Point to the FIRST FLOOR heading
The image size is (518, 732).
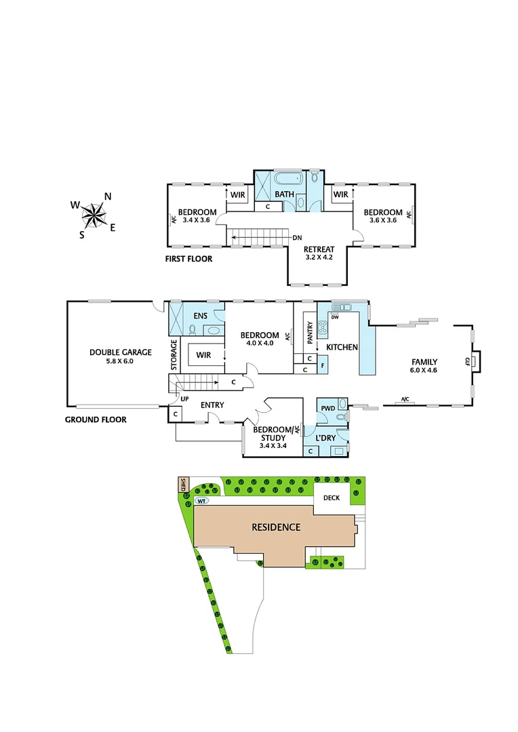pos(189,259)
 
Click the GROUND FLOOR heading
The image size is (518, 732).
pos(96,420)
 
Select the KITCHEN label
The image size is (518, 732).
pos(342,347)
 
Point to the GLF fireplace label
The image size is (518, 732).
pos(467,361)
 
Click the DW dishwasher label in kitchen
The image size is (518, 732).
pos(334,317)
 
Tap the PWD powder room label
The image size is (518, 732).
pos(327,409)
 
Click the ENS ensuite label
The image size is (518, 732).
pos(200,315)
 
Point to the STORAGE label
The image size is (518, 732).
pos(174,354)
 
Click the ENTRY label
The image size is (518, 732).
pos(212,405)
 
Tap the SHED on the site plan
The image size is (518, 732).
pos(182,485)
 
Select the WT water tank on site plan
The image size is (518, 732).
pos(201,501)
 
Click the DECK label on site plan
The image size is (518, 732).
pos(331,497)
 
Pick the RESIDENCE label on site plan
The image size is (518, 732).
pos(275,527)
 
